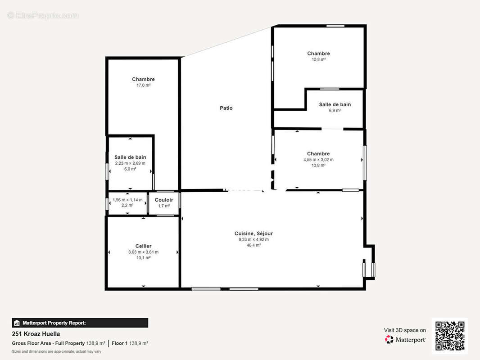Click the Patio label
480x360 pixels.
(226, 108)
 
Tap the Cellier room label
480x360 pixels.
(143, 246)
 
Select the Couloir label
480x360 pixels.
(164, 200)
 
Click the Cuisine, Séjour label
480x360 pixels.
(254, 234)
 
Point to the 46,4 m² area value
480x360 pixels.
(254, 245)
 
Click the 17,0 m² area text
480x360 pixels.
(143, 85)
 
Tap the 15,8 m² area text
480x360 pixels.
(318, 59)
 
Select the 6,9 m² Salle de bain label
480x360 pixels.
(335, 104)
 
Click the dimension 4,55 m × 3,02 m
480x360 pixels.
(318, 160)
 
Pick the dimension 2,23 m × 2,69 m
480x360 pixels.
(130, 163)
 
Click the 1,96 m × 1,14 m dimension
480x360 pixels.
(127, 200)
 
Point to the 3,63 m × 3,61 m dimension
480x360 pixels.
(143, 252)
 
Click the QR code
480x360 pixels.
(450, 336)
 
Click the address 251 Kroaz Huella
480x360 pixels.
(36, 334)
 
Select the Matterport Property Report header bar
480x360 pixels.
(80, 323)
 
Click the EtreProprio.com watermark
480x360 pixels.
(43, 15)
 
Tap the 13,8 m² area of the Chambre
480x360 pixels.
(318, 166)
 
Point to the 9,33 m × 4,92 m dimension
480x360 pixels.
(254, 239)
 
